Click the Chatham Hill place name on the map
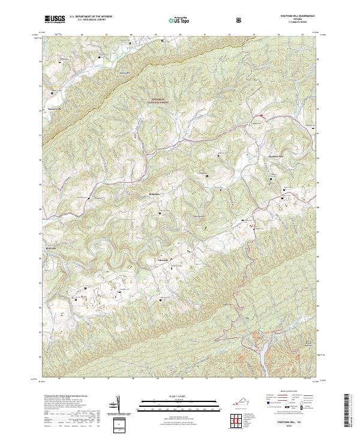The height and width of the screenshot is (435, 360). [x=276, y=157]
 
